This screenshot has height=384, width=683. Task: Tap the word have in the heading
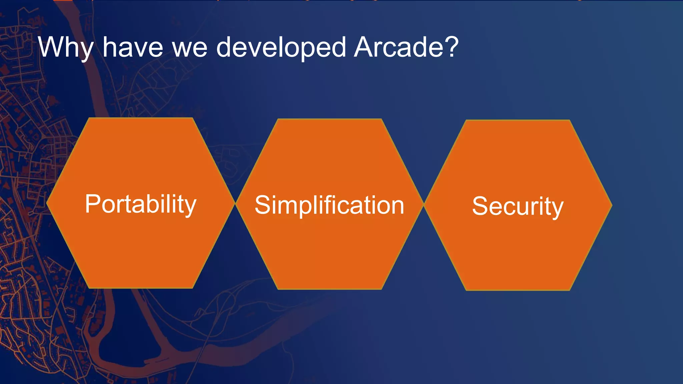click(x=132, y=47)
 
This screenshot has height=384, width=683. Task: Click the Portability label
click(x=140, y=204)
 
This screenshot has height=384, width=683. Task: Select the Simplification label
click(x=329, y=205)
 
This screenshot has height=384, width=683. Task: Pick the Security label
click(x=518, y=206)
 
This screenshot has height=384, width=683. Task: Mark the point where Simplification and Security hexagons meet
click(x=424, y=205)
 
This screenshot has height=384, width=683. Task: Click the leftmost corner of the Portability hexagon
click(x=47, y=203)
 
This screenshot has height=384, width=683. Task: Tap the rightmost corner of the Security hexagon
click(x=612, y=205)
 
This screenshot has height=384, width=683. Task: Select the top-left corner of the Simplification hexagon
click(x=278, y=119)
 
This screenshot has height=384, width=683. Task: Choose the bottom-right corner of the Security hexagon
click(x=570, y=290)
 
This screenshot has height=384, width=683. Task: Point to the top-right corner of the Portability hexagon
click(x=192, y=118)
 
